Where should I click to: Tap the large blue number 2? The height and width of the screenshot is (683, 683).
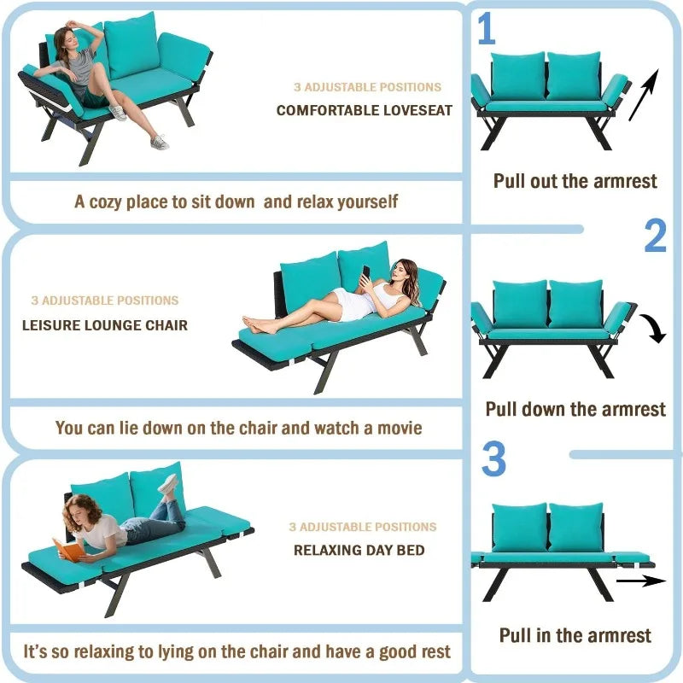(655, 236)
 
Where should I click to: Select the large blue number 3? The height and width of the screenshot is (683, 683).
(493, 459)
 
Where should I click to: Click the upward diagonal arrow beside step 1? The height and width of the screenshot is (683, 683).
(644, 95)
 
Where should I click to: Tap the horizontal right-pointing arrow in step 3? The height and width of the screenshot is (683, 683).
(640, 581)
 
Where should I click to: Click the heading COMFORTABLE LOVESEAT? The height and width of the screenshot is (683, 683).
(365, 110)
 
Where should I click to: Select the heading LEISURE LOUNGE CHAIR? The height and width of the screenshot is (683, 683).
(105, 325)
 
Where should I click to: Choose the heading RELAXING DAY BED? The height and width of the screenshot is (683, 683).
(359, 550)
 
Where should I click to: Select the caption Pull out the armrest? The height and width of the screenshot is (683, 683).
(575, 181)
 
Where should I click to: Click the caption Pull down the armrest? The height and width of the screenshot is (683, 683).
(575, 409)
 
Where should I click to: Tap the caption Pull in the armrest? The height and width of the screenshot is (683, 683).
(575, 635)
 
